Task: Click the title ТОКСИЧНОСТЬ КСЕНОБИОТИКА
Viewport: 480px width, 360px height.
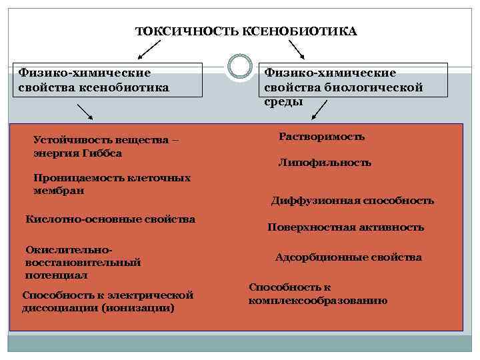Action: [x=246, y=31]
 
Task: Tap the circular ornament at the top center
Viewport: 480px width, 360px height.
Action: [x=239, y=67]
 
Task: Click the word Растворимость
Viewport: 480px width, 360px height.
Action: [x=321, y=137]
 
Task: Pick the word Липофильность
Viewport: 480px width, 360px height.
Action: [x=325, y=163]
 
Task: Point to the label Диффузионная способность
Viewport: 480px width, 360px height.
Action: [x=352, y=201]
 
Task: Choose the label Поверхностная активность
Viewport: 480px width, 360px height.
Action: [x=345, y=227]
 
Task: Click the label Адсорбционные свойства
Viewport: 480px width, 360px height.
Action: [x=348, y=257]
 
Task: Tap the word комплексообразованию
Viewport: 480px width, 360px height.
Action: [x=317, y=301]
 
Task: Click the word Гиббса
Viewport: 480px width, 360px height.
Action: [x=103, y=153]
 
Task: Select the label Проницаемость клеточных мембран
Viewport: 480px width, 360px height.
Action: [x=111, y=184]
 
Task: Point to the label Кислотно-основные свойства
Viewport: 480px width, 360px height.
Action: [x=110, y=219]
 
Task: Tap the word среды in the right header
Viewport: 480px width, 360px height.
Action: [x=283, y=101]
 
